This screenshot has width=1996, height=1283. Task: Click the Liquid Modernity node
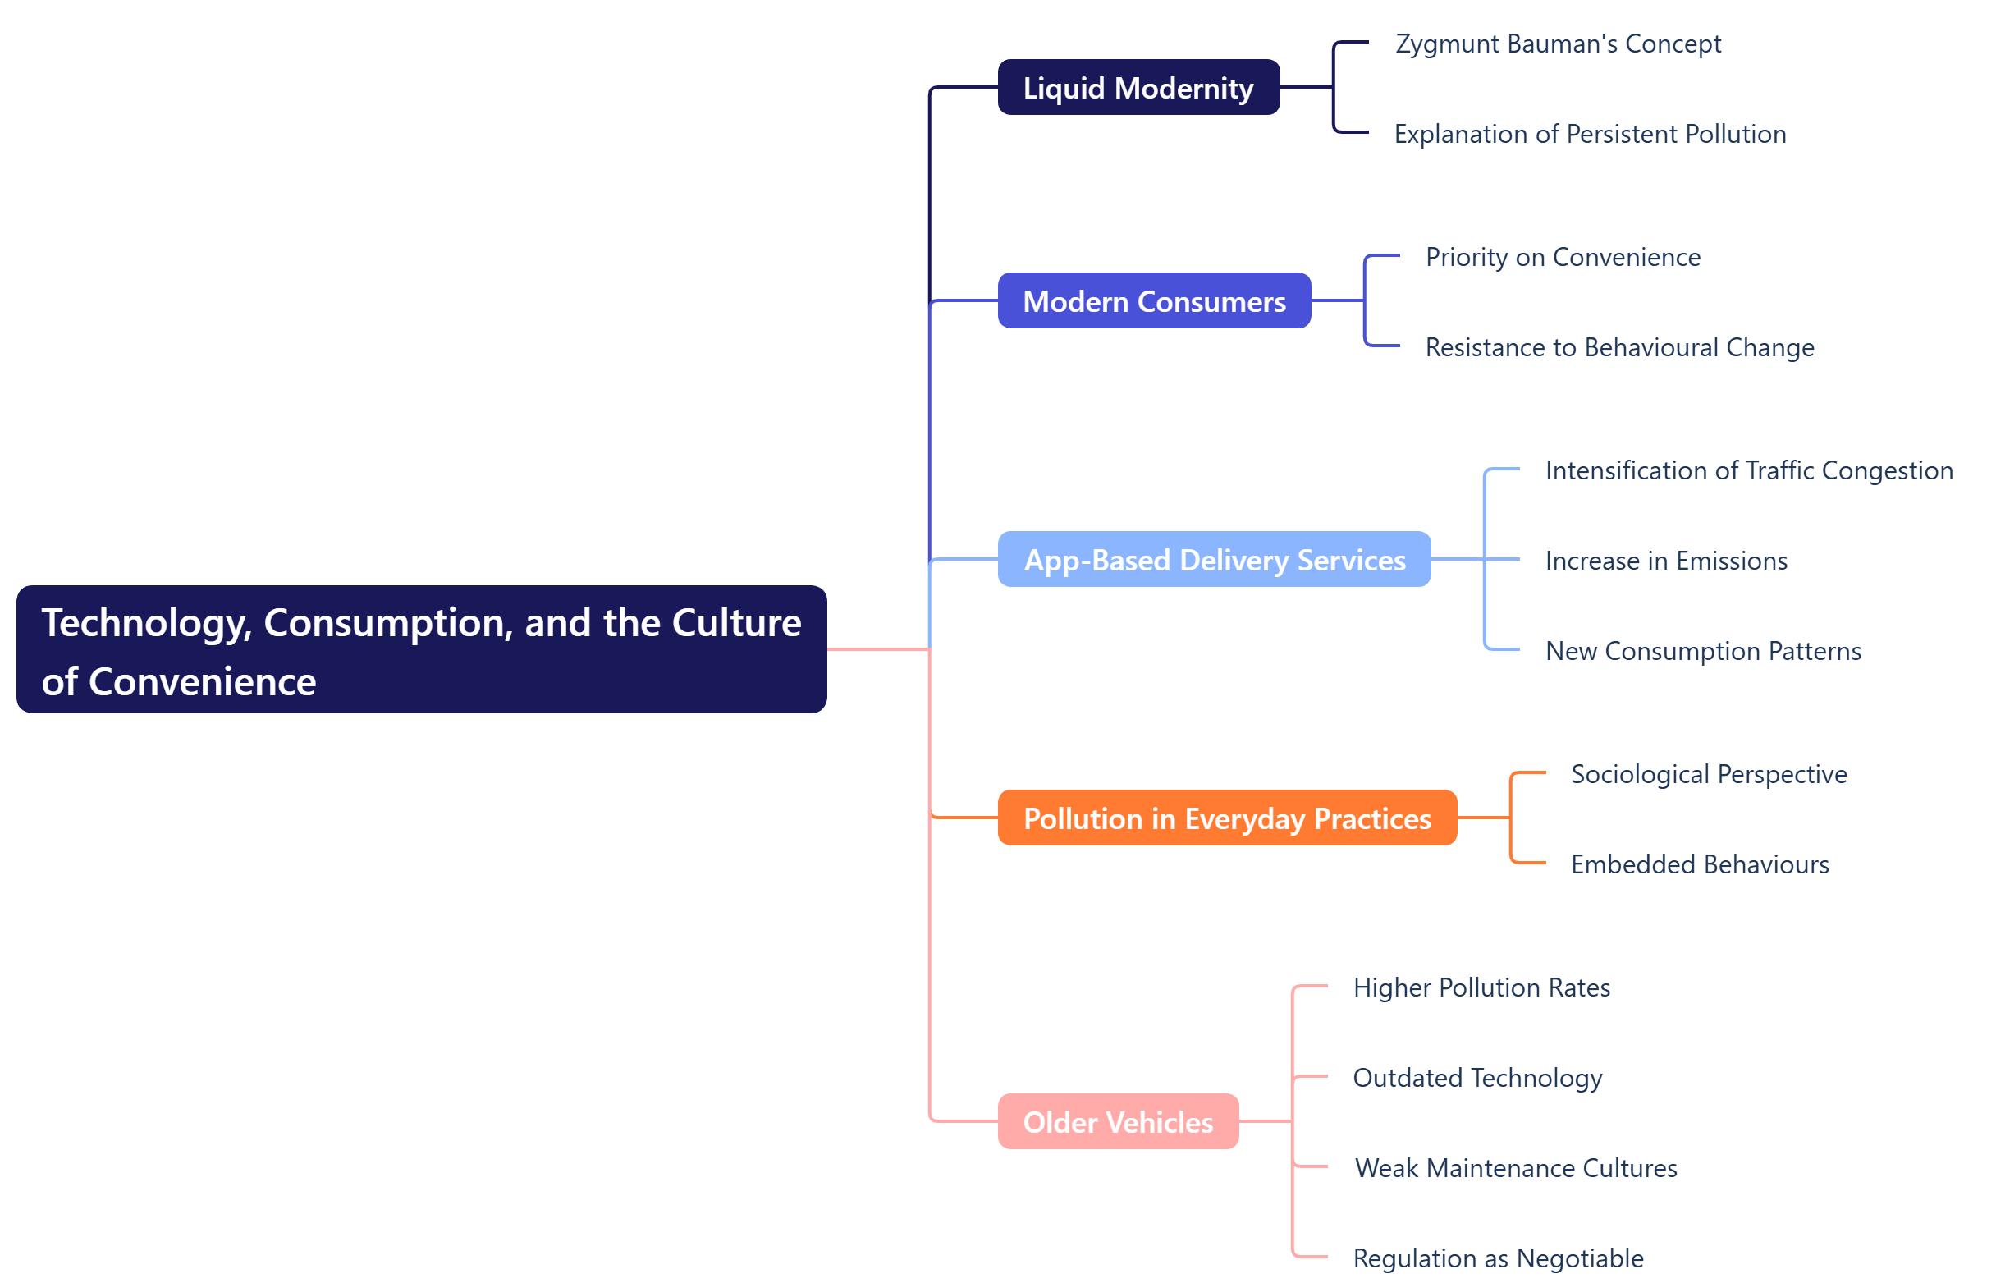[x=1138, y=88]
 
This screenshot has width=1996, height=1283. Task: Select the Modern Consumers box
[x=1154, y=300]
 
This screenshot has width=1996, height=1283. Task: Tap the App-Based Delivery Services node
[x=1214, y=560]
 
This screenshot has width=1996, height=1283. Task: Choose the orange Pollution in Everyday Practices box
[x=1226, y=818]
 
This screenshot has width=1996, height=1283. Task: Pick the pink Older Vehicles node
[x=1118, y=1122]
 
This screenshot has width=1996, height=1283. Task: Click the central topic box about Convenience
[x=422, y=650]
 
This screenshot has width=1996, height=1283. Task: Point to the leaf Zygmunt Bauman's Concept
[x=1558, y=44]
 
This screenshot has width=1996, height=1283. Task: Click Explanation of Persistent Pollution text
[x=1590, y=134]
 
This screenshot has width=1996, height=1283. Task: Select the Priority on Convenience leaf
[x=1563, y=258]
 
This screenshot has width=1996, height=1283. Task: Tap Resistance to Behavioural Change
[x=1619, y=347]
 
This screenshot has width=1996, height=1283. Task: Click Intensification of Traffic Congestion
[x=1749, y=470]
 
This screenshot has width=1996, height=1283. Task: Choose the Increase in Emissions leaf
[x=1666, y=561]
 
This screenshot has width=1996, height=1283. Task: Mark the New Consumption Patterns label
[x=1703, y=652]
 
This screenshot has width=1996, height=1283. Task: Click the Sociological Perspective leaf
[x=1709, y=775]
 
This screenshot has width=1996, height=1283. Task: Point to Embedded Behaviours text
[x=1700, y=865]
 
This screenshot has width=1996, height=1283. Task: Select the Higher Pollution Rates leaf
[x=1481, y=988]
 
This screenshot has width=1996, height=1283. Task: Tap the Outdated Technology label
[x=1477, y=1078]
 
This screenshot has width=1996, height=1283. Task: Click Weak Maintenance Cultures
[x=1515, y=1169]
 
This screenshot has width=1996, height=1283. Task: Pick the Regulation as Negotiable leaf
[x=1498, y=1259]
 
